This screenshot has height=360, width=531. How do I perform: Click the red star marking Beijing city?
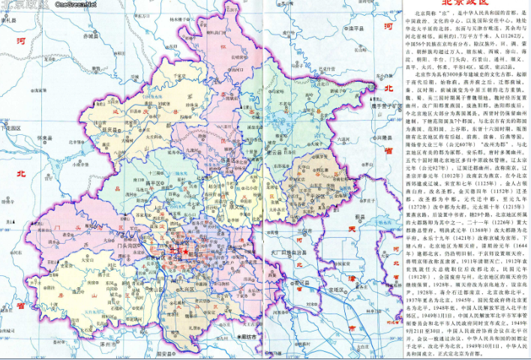click(x=184, y=253)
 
